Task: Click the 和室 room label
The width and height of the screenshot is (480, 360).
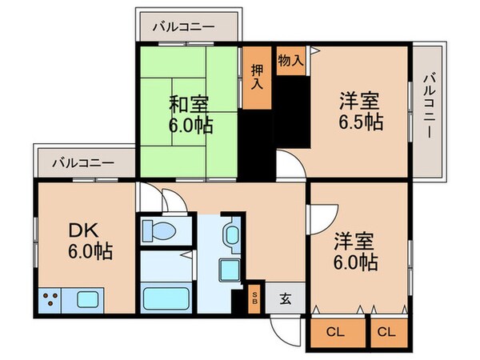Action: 189,103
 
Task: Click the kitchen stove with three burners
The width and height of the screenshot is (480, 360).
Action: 53,302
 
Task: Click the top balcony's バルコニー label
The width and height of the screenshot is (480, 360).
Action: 190,26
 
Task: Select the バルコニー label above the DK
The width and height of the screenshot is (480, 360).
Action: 83,162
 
